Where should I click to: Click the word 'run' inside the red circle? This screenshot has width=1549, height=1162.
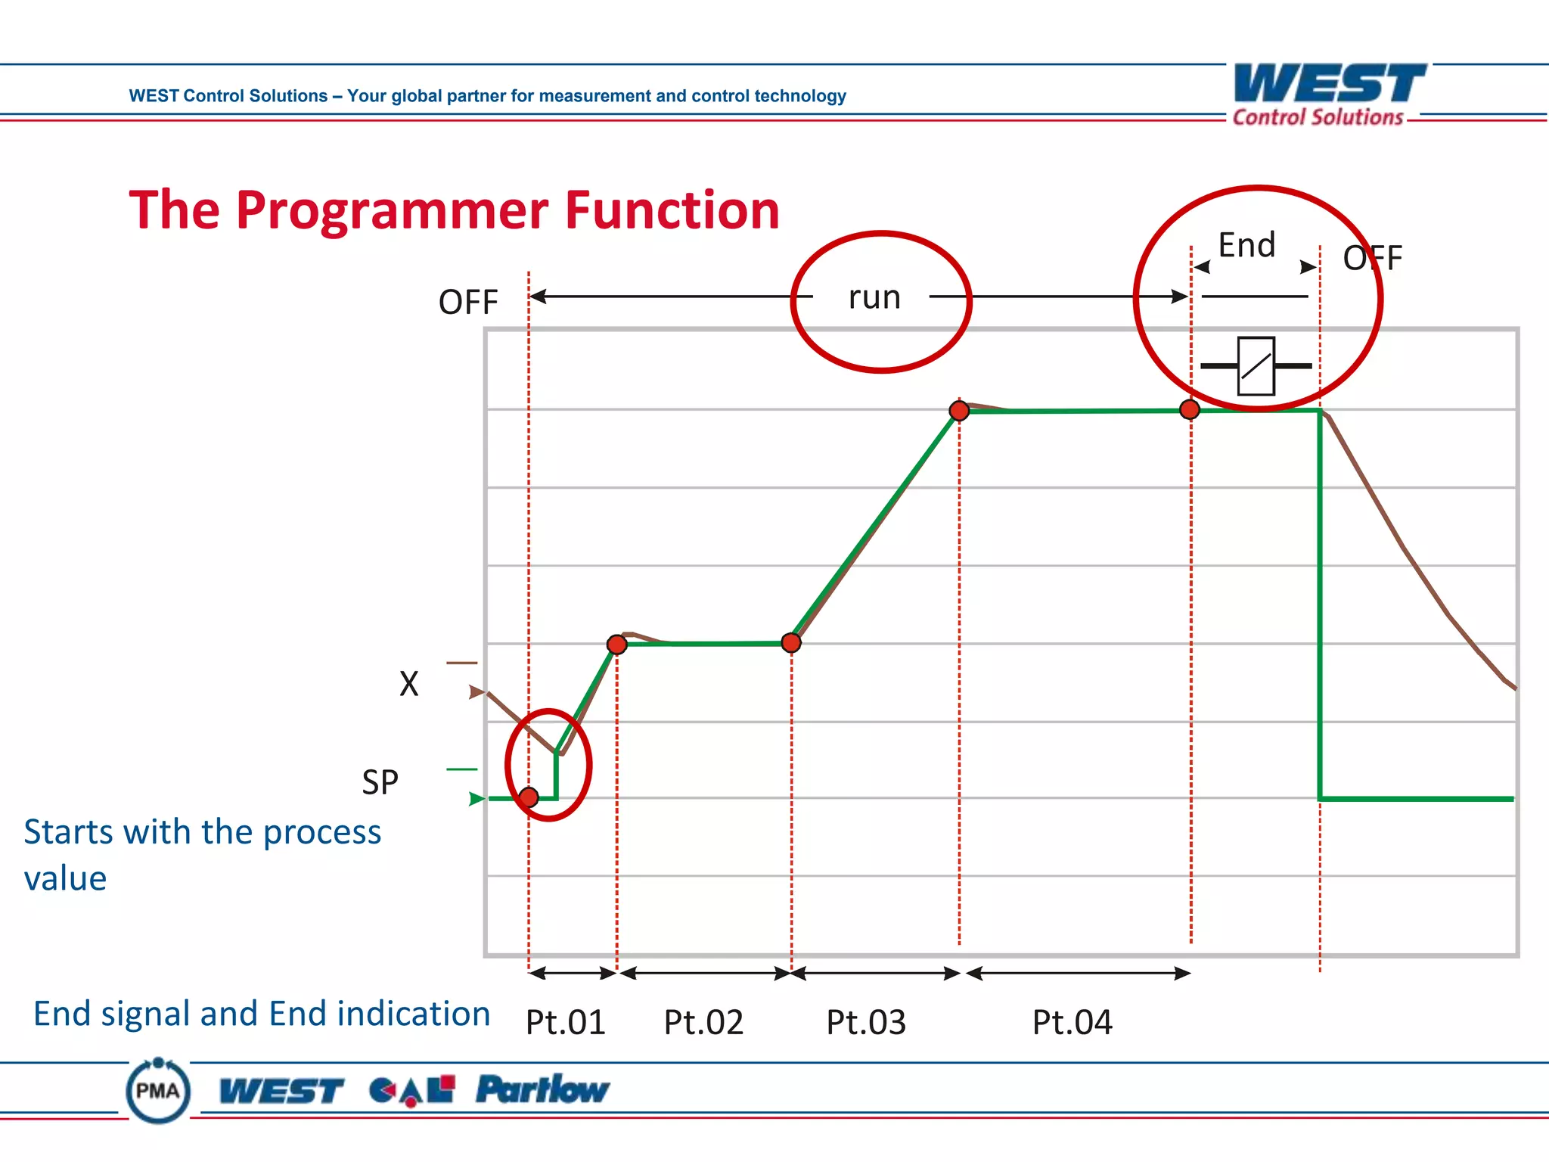(874, 297)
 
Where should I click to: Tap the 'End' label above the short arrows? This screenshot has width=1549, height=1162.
(1246, 246)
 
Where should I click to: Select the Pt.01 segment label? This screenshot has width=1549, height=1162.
(565, 1023)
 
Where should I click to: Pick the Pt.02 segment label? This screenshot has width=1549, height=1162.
(703, 1023)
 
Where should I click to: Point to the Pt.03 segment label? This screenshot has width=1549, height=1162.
(865, 1023)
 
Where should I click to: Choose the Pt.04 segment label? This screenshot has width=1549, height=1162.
(1072, 1023)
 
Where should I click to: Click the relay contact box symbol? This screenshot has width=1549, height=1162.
(1256, 366)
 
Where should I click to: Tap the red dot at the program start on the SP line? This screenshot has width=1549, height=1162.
(529, 797)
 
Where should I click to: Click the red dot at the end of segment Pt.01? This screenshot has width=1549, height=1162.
(617, 645)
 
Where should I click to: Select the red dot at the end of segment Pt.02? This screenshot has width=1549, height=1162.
(791, 643)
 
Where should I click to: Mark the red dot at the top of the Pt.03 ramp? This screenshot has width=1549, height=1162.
(959, 411)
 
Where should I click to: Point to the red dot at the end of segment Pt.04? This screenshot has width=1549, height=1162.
(1190, 410)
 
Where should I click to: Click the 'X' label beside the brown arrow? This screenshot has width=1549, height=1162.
(408, 684)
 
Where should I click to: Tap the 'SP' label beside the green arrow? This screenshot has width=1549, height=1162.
(380, 782)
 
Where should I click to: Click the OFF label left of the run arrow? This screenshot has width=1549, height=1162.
(468, 303)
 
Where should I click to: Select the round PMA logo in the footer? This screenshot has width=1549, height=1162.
(158, 1091)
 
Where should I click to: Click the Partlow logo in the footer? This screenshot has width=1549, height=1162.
(542, 1090)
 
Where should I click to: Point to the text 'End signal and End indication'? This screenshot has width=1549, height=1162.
(262, 1014)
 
